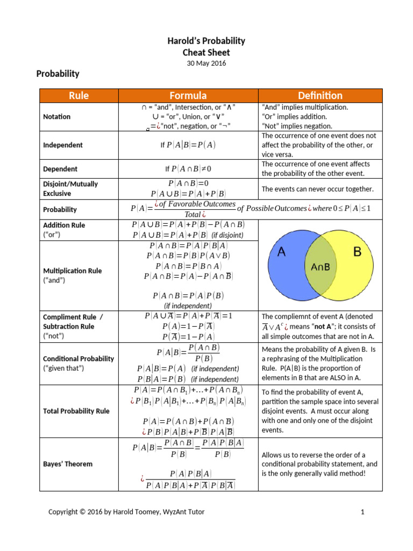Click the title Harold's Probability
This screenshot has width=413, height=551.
[206, 41]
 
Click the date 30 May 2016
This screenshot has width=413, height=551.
[206, 63]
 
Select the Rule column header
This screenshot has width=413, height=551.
[79, 96]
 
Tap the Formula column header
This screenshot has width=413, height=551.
[188, 96]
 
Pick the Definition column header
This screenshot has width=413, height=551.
[321, 96]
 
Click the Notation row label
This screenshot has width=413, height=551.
[57, 117]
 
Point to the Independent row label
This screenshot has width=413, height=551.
[63, 145]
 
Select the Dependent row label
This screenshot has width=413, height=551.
[60, 169]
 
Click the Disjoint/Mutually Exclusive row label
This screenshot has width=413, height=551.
[70, 188]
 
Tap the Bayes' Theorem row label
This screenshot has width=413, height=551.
[68, 464]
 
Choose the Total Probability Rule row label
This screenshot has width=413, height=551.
[76, 411]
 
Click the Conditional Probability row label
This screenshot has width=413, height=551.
[79, 358]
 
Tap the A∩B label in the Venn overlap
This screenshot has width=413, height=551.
[321, 266]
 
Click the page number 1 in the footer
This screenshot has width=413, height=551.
[363, 512]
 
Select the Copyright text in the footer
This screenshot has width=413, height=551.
[126, 512]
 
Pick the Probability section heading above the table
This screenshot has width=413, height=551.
[58, 74]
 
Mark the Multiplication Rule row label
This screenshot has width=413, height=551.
[73, 271]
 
